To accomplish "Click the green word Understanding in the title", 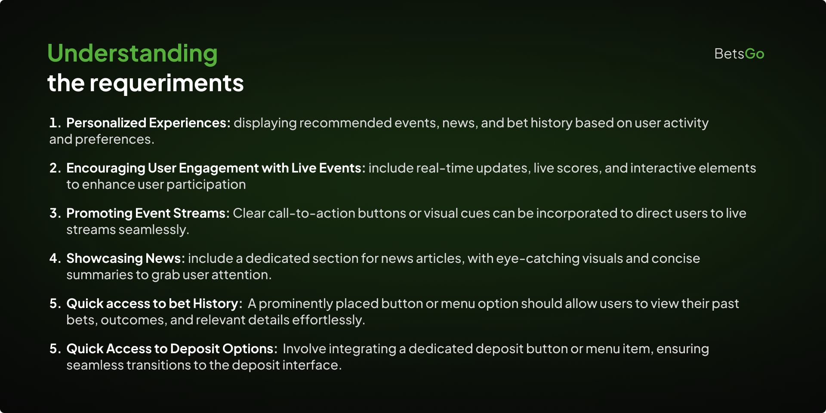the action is (133, 54).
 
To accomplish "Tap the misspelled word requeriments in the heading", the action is (166, 83).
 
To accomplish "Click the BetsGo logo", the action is (739, 54).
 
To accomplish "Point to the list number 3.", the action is (55, 213).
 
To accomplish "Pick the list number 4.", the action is (55, 259).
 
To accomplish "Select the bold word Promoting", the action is (99, 214).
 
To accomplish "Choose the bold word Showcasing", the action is (105, 259).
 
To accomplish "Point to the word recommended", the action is (345, 123).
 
